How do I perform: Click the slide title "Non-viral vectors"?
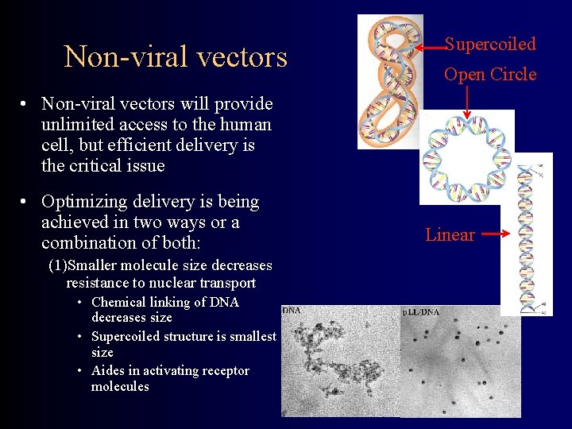[176, 57]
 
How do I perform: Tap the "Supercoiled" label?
[489, 44]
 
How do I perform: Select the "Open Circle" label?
[489, 75]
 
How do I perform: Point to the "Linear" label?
[450, 234]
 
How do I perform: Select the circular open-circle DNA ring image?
[466, 157]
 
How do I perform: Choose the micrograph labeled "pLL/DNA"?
[460, 362]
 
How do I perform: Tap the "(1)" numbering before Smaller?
[56, 265]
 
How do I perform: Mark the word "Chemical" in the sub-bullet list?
[118, 302]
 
